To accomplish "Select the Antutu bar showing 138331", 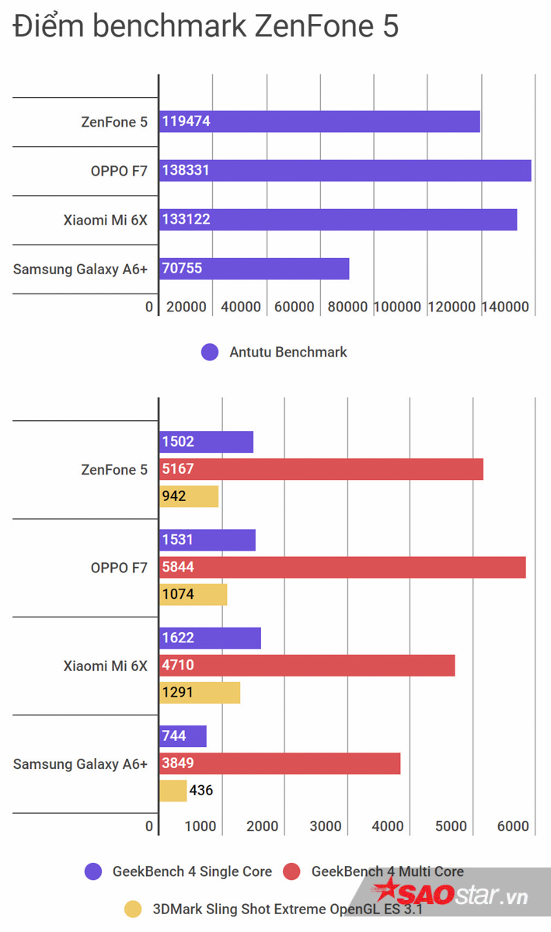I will click(x=345, y=170).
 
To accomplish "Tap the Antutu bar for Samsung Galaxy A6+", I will click(x=254, y=269).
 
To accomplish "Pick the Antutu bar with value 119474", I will click(x=319, y=121).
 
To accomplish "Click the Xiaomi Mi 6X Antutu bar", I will click(x=338, y=220).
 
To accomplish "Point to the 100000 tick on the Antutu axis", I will click(x=398, y=307).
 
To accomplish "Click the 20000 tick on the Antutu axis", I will click(x=187, y=307).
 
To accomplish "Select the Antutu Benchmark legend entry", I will click(x=274, y=352).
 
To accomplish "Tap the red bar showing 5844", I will click(x=342, y=567).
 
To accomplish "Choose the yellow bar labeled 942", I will click(x=189, y=496).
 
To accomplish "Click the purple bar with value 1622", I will click(x=210, y=638).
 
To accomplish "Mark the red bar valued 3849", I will click(x=280, y=763).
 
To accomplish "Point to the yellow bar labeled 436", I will click(x=173, y=791).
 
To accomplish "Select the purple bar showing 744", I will click(x=183, y=736).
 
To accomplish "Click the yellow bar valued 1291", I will click(x=200, y=692).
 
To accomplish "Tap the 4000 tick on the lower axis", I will click(x=389, y=826).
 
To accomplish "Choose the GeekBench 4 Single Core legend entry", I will click(x=179, y=871).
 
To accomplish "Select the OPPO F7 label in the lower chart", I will click(x=119, y=568).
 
